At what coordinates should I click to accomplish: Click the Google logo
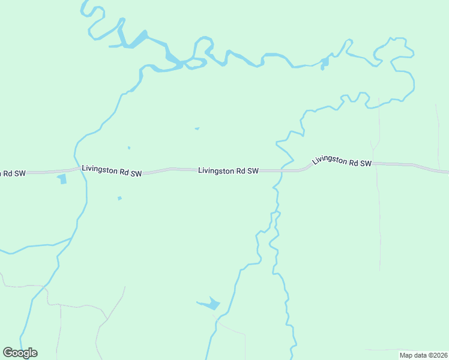20,353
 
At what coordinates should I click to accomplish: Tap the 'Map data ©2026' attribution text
423,355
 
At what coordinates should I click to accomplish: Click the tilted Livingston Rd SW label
342,161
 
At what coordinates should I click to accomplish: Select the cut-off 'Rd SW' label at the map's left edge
13,173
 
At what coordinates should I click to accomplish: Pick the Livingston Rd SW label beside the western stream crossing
112,172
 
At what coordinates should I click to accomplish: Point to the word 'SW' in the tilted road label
366,163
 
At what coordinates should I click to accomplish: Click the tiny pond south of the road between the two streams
119,198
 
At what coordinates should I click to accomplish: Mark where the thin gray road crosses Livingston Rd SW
377,164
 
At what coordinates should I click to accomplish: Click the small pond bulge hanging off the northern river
324,62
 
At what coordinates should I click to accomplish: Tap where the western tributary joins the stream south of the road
71,239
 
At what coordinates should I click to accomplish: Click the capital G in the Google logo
8,353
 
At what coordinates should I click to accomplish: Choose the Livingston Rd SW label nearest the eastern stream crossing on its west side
228,171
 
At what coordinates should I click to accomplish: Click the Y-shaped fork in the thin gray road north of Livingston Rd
375,148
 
